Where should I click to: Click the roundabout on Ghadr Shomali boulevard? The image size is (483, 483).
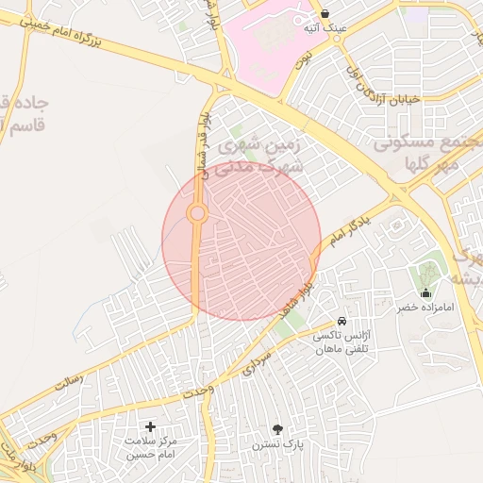tap(197, 214)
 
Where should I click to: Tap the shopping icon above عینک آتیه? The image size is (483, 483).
tap(325, 14)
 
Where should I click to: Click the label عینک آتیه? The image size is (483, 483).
tap(325, 29)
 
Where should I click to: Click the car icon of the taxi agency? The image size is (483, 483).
tap(341, 322)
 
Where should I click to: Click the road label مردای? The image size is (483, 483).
tap(256, 364)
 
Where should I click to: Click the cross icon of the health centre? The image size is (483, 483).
tap(150, 427)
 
